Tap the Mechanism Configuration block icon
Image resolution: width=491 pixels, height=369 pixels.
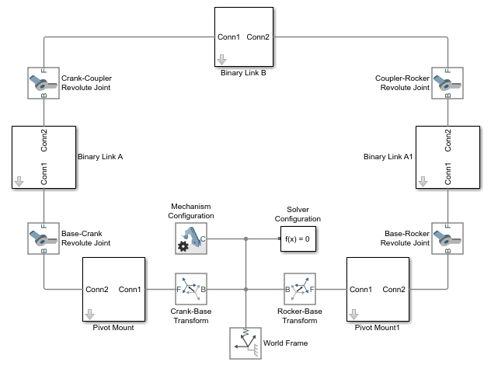[191, 238]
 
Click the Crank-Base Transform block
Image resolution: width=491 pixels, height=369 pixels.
[191, 289]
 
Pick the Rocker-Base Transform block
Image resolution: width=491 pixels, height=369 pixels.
[300, 289]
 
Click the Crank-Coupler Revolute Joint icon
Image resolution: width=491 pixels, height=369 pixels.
[44, 83]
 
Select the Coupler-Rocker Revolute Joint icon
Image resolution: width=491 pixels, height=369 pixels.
[447, 83]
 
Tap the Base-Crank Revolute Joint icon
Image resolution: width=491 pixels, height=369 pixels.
[44, 238]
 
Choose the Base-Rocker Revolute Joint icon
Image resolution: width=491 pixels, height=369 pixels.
[447, 238]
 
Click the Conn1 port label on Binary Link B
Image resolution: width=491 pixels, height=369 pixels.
[228, 37]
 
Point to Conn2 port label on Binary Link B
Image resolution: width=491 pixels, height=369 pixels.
[258, 37]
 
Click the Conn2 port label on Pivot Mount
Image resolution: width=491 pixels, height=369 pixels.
[97, 290]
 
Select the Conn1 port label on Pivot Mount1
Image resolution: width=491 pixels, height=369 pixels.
[361, 290]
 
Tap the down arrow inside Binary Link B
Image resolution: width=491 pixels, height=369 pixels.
[221, 58]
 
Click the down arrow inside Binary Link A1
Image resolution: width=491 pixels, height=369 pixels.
[423, 182]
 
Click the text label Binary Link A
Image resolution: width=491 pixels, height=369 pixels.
[101, 156]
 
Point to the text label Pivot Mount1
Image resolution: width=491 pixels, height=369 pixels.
[376, 328]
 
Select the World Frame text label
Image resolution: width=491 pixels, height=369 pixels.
[287, 343]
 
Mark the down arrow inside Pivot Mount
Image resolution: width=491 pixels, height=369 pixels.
[89, 314]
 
